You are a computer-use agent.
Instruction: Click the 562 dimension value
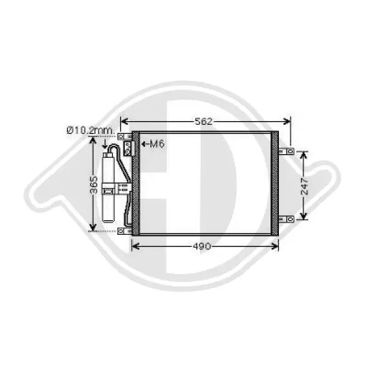point(204,121)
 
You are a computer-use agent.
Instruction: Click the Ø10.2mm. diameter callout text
point(91,130)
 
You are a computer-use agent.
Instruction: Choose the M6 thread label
point(157,144)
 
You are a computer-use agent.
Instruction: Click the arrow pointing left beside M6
point(145,144)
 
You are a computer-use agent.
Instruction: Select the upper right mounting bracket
point(286,151)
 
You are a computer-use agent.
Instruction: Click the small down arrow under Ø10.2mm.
point(106,145)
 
